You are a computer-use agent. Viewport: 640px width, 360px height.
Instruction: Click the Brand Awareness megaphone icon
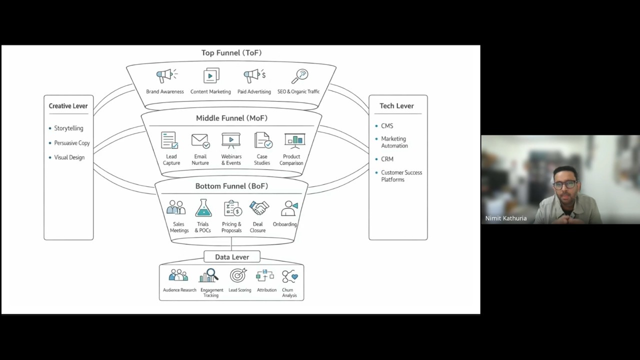pyautogui.click(x=167, y=75)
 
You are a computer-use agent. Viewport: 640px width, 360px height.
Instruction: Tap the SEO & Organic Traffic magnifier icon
pyautogui.click(x=299, y=76)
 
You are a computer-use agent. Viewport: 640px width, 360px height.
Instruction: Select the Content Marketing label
pyautogui.click(x=210, y=91)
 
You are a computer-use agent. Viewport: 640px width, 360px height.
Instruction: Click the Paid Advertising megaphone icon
pyautogui.click(x=254, y=75)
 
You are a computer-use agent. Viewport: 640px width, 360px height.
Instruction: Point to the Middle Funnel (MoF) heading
pyautogui.click(x=231, y=118)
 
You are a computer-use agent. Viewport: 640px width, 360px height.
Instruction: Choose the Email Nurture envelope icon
pyautogui.click(x=200, y=141)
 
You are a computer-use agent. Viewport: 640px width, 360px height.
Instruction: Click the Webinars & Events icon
pyautogui.click(x=231, y=140)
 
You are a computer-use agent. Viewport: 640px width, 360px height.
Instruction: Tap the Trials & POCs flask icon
pyautogui.click(x=203, y=207)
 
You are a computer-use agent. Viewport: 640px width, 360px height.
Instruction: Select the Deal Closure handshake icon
pyautogui.click(x=259, y=207)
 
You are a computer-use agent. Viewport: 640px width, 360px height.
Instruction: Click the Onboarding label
pyautogui.click(x=284, y=224)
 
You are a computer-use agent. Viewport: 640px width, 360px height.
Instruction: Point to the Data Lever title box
pyautogui.click(x=232, y=257)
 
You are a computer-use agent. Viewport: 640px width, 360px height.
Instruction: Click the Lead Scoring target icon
pyautogui.click(x=238, y=275)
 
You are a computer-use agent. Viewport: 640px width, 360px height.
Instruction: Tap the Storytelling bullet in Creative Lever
pyautogui.click(x=68, y=128)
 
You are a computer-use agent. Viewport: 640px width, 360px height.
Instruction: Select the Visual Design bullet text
pyautogui.click(x=69, y=157)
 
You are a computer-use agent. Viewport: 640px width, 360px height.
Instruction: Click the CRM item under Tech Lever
pyautogui.click(x=387, y=159)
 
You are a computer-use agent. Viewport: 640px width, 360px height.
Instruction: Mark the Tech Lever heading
pyautogui.click(x=396, y=106)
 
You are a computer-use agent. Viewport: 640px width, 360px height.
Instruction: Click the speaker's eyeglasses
pyautogui.click(x=565, y=184)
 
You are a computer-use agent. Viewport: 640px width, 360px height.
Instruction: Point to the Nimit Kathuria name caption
pyautogui.click(x=505, y=218)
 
